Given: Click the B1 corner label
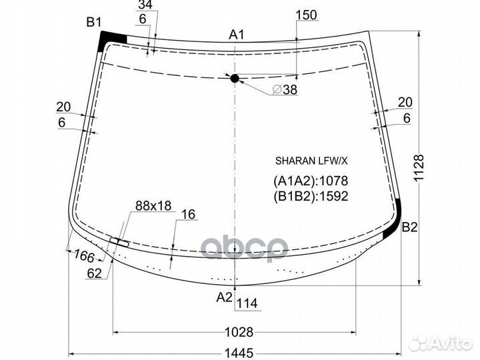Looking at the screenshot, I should click(x=93, y=23).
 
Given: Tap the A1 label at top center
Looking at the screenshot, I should click(x=237, y=35).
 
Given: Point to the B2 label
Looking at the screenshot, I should click(x=409, y=228).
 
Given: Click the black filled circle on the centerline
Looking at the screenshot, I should click(x=235, y=79).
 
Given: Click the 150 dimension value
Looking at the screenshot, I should click(x=305, y=15).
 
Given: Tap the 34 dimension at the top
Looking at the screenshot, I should click(x=145, y=5).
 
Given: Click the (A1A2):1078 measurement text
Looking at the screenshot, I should click(x=311, y=181).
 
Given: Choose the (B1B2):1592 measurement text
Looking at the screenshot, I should click(x=311, y=196).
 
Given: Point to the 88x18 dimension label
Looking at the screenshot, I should click(x=153, y=206).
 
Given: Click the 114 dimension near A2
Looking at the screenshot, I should click(x=247, y=304).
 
